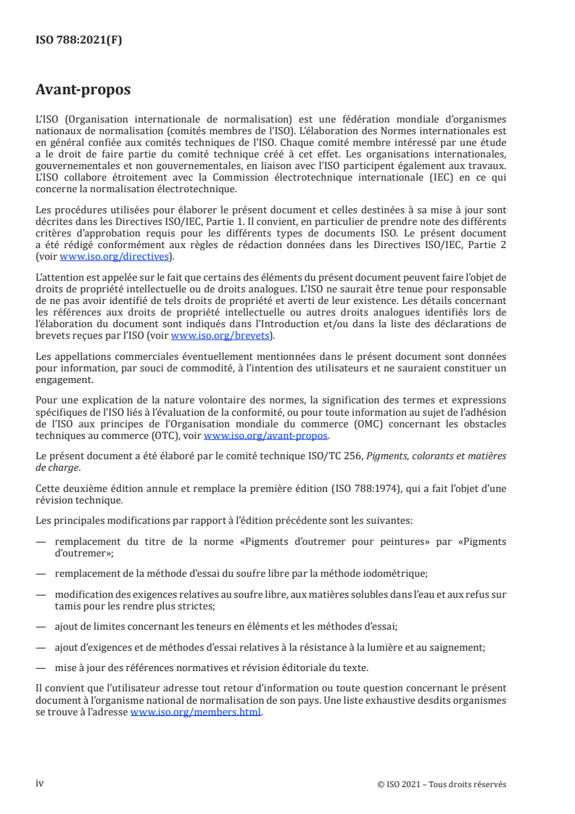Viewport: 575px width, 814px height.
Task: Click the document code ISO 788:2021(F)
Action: pyautogui.click(x=79, y=41)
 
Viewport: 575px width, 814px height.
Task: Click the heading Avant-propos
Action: pyautogui.click(x=83, y=91)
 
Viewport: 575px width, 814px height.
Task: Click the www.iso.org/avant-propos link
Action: pyautogui.click(x=266, y=436)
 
